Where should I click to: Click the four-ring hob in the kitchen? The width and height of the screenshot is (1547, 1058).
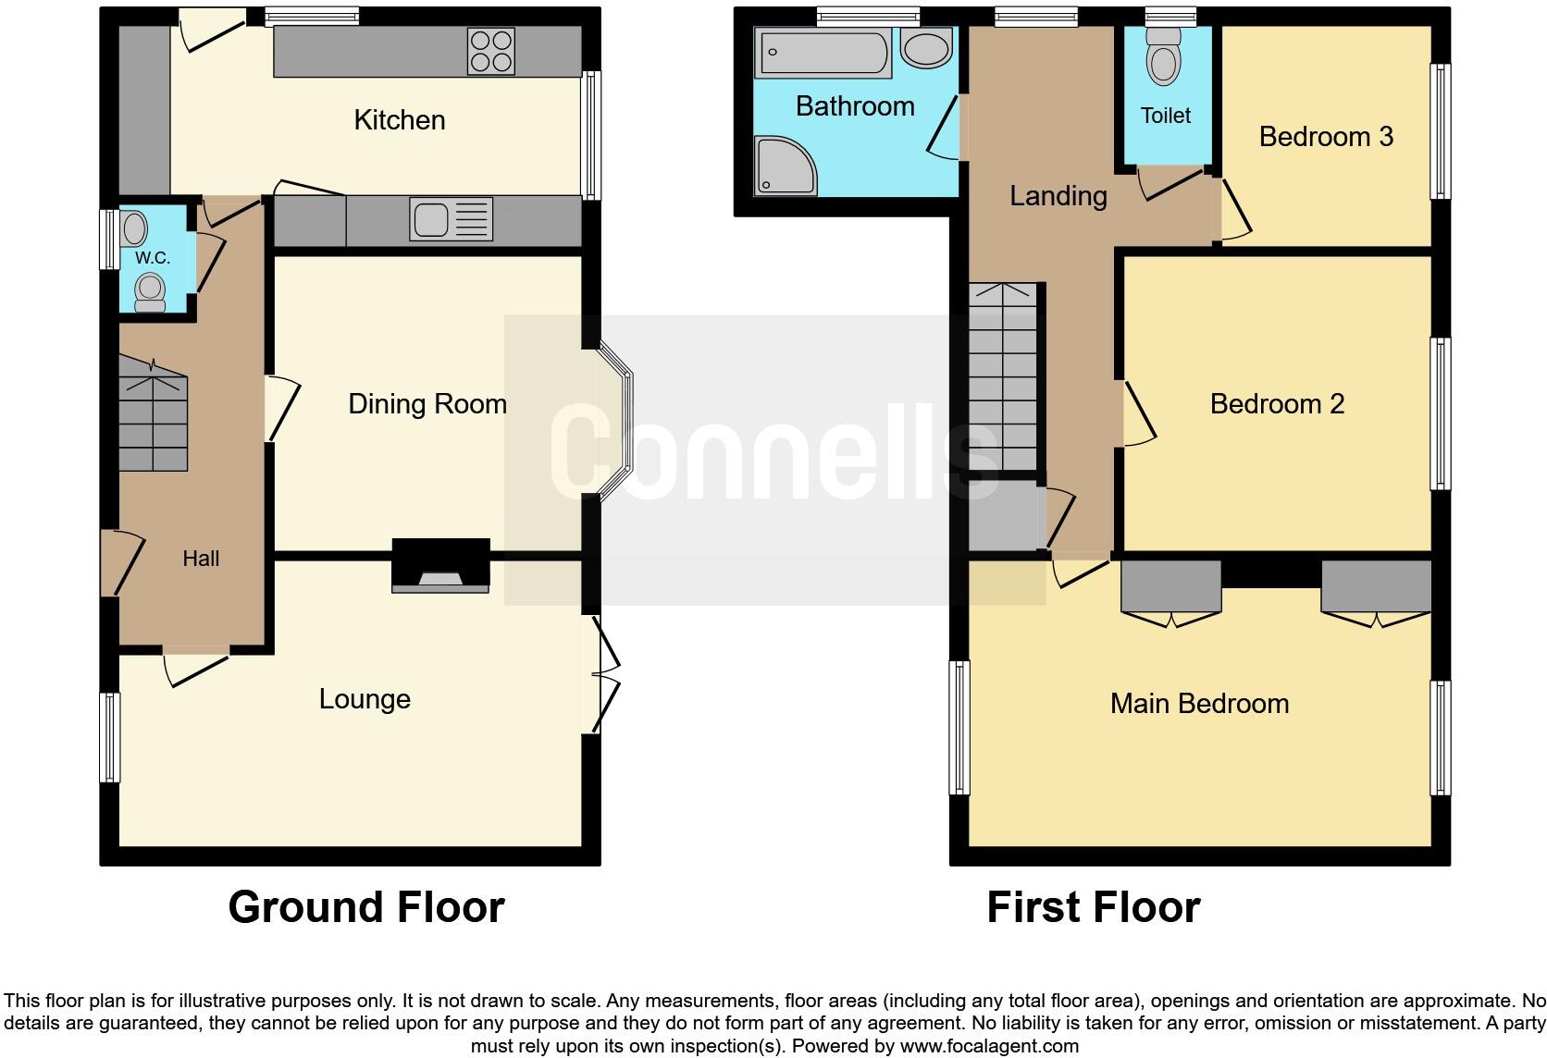[x=491, y=51]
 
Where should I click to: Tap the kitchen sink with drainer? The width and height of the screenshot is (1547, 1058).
[x=452, y=220]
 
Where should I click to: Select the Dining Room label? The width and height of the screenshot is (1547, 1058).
[x=427, y=404]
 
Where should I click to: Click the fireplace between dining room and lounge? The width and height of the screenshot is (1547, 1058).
[x=440, y=566]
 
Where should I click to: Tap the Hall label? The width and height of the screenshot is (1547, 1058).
[x=201, y=559]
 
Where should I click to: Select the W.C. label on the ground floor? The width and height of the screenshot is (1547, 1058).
[x=153, y=258]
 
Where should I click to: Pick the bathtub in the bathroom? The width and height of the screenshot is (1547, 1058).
[x=823, y=53]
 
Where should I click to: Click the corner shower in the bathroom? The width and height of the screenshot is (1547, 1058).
[x=786, y=166]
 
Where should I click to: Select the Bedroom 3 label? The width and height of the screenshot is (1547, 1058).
[x=1326, y=137]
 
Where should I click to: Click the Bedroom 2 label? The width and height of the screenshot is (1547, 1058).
[x=1277, y=404]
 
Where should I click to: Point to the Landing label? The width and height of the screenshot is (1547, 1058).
[x=1058, y=196]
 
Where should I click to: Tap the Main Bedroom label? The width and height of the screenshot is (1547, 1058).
[x=1199, y=704]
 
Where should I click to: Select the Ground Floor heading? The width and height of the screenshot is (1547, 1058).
[x=366, y=907]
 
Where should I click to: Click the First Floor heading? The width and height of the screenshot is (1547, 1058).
[x=1093, y=907]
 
